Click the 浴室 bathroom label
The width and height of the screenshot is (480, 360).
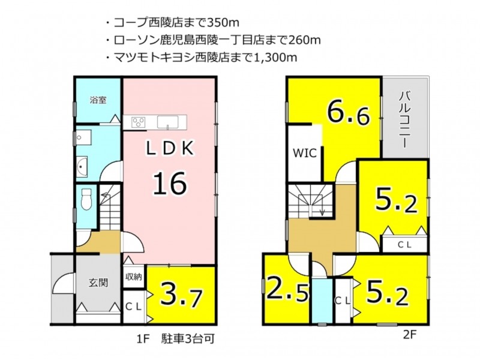tap(98, 100)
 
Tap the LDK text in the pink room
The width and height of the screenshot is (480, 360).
tap(170, 149)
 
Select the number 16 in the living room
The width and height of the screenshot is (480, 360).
tap(170, 184)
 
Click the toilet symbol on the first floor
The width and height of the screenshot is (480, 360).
tap(87, 199)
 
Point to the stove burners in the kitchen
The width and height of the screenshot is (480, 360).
tap(139, 122)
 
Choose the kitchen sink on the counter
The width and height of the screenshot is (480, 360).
tap(168, 122)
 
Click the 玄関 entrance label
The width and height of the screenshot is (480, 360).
tap(98, 283)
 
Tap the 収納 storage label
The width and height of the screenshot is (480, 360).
tap(133, 277)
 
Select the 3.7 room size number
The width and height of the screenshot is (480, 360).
tap(181, 295)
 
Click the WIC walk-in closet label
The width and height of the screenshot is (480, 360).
tap(305, 153)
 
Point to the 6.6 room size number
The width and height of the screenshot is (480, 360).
tap(349, 113)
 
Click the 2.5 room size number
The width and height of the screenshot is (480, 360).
tap(287, 290)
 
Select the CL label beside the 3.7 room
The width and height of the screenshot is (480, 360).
tap(133, 307)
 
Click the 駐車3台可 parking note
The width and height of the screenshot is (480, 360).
tap(187, 339)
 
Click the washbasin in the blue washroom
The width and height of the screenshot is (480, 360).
tap(82, 167)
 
